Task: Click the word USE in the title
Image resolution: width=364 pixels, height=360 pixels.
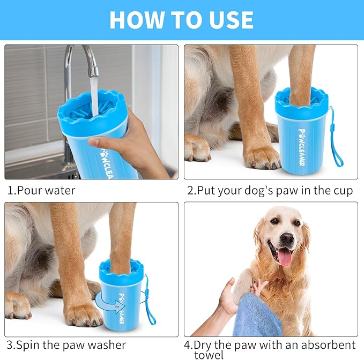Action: point(227,20)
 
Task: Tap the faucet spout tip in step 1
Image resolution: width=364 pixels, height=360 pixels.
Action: point(93,71)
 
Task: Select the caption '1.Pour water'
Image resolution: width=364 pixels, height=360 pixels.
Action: point(41,190)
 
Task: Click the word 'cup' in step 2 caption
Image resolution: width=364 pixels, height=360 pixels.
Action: point(341,191)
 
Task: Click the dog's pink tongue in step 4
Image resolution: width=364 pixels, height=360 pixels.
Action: point(285,257)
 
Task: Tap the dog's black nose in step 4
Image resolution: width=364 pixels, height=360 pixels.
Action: point(287,238)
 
